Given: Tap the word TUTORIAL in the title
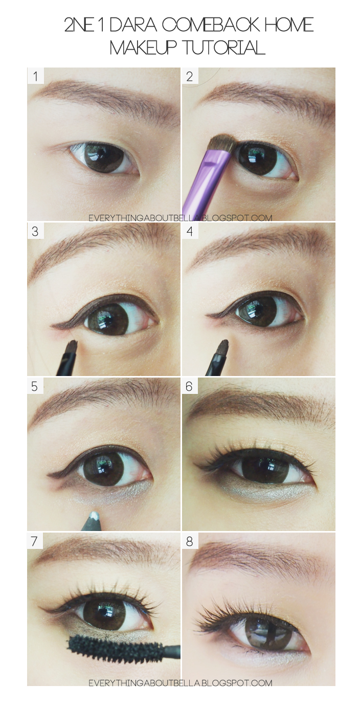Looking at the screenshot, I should point(224,48).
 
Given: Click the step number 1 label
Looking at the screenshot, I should point(35,77).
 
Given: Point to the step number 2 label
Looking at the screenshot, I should point(190,77).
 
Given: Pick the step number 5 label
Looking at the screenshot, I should point(35,386).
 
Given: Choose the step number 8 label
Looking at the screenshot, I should point(190,541).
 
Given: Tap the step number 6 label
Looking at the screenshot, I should point(189,386).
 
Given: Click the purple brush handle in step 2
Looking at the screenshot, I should point(202,177).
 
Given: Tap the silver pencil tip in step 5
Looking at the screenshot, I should point(95,513).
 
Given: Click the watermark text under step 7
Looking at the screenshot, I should point(180,682).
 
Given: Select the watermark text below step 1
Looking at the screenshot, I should point(180,217).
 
